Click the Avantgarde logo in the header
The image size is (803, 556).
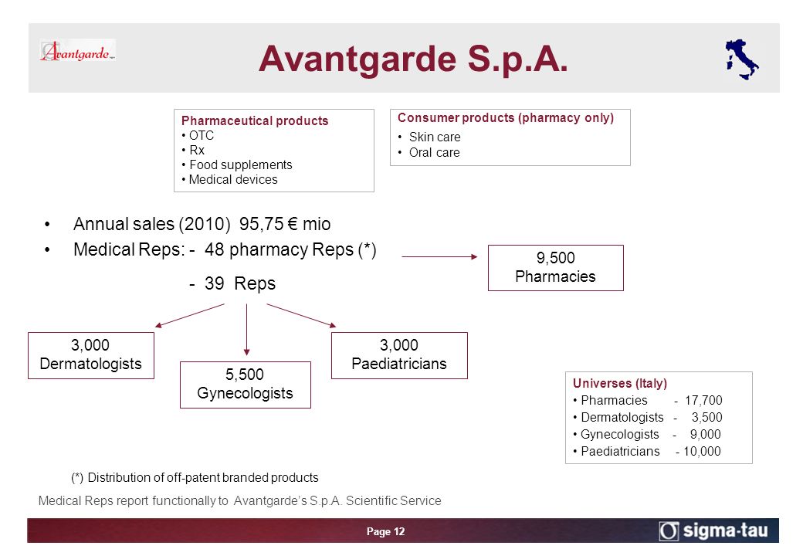77,51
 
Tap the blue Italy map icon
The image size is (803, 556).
741,59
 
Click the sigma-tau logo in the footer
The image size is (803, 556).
713,531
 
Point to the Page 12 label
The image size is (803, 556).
385,531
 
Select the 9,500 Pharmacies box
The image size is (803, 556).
556,268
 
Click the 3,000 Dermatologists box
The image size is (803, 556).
91,355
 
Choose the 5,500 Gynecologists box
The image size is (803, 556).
246,385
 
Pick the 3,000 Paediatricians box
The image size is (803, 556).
399,355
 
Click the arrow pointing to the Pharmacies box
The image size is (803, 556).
439,256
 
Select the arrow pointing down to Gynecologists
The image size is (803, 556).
247,330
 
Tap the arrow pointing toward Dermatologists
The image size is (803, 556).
189,315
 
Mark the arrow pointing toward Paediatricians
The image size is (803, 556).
302,315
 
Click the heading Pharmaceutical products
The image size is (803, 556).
255,120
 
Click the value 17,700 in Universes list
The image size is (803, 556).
703,400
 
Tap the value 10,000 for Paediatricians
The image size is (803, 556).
702,451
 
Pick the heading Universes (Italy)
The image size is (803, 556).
620,384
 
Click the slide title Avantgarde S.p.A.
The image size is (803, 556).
413,59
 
